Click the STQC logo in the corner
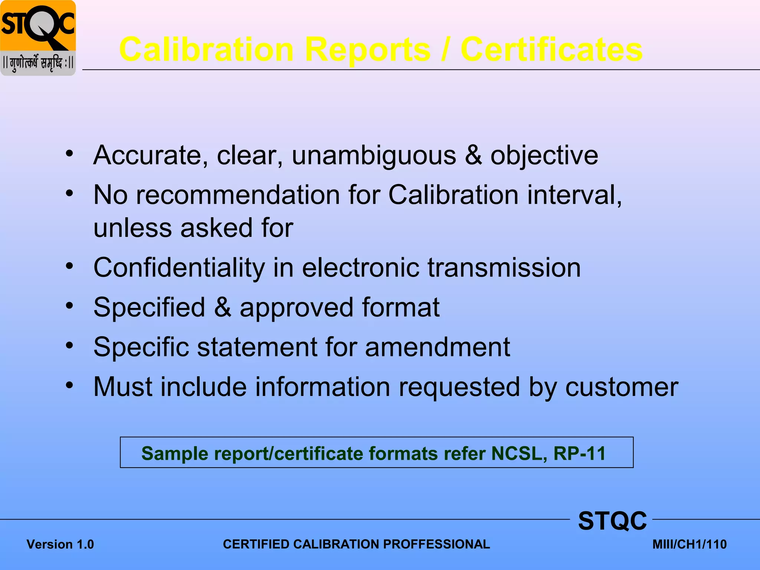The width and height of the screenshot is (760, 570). (x=38, y=38)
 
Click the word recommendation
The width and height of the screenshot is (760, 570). (x=238, y=195)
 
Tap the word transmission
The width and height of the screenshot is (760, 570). (x=504, y=268)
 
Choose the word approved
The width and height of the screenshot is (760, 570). (x=296, y=308)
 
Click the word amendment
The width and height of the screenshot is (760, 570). (x=438, y=347)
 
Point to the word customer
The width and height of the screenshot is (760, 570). (x=622, y=387)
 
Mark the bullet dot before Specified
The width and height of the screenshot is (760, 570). (x=69, y=306)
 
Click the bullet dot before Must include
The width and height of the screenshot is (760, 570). (x=69, y=385)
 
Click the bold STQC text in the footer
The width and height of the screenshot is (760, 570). (x=612, y=521)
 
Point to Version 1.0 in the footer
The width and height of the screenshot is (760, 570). (x=60, y=544)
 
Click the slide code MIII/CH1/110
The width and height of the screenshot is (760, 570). (x=689, y=544)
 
